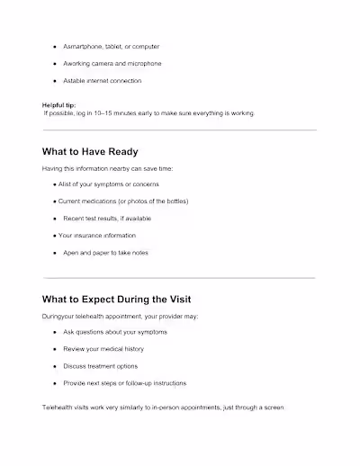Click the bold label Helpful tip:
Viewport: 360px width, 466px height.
click(x=59, y=105)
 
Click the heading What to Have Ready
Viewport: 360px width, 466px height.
click(x=90, y=151)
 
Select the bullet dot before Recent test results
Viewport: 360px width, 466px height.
click(x=55, y=219)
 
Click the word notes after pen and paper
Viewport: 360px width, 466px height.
click(x=138, y=253)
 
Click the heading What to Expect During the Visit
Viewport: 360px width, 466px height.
click(x=117, y=299)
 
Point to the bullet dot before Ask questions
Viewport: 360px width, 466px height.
click(x=55, y=332)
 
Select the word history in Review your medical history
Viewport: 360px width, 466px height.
click(x=132, y=349)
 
